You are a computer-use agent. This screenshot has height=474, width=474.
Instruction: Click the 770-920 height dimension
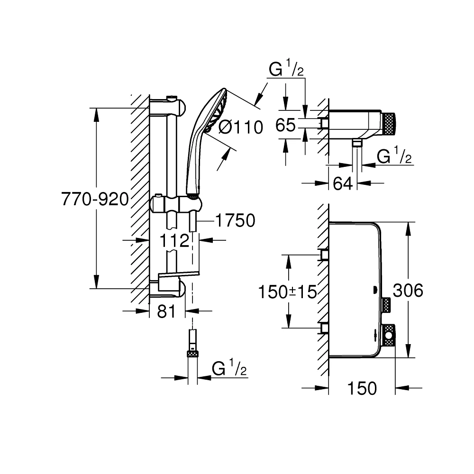[x=95, y=200]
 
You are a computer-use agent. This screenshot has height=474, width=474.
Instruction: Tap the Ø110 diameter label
[x=241, y=127]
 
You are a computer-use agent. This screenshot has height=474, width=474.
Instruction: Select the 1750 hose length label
[x=235, y=220]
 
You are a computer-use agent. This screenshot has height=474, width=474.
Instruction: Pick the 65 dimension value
[x=286, y=126]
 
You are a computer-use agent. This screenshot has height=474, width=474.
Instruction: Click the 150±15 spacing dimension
[x=287, y=292]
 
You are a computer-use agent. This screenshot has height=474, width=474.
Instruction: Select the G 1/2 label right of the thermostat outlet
[x=393, y=156]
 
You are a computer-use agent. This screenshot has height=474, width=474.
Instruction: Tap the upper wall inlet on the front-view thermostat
[x=325, y=255]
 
